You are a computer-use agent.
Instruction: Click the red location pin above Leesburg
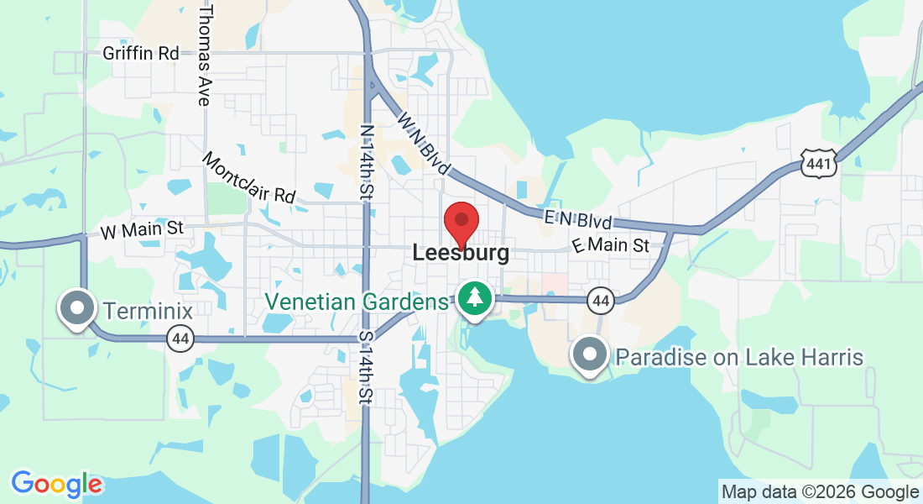[x=461, y=222]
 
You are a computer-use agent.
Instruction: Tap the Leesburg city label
[x=461, y=253]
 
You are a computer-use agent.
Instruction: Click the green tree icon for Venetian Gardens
[x=475, y=299]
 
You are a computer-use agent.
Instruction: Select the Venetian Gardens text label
[x=357, y=302]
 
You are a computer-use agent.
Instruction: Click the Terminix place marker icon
[x=77, y=308]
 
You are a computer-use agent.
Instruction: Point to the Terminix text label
[x=149, y=311]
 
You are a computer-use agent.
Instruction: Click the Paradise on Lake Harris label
[x=739, y=357]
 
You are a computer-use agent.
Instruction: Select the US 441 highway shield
[x=818, y=164]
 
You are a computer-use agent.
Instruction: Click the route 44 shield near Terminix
[x=180, y=339]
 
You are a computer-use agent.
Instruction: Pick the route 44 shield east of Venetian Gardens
[x=599, y=299]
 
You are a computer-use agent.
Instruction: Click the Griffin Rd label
[x=141, y=53]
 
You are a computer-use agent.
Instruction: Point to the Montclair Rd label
[x=249, y=178]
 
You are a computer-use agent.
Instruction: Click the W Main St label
[x=141, y=228]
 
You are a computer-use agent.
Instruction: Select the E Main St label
[x=611, y=245]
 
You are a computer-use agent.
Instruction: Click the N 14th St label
[x=366, y=162]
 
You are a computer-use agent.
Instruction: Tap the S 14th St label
[x=367, y=366]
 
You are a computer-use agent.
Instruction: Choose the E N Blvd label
[x=578, y=220]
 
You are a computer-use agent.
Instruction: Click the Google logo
[x=56, y=484]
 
